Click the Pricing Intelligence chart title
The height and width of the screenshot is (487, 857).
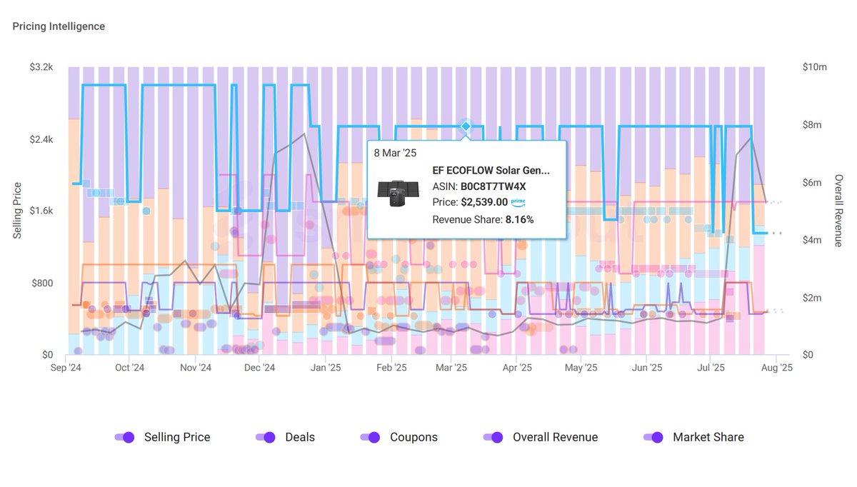tap(59, 26)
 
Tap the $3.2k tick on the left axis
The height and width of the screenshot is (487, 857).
tap(41, 67)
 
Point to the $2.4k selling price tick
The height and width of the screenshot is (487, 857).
tap(41, 139)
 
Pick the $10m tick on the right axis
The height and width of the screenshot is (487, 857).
tap(814, 67)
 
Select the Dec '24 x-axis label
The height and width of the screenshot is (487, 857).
tap(259, 368)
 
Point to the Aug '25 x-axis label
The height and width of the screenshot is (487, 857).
tap(776, 368)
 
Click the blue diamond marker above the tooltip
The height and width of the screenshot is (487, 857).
tap(466, 126)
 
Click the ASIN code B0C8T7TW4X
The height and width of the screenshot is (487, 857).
tap(493, 186)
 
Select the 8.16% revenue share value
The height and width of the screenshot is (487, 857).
tap(519, 219)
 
